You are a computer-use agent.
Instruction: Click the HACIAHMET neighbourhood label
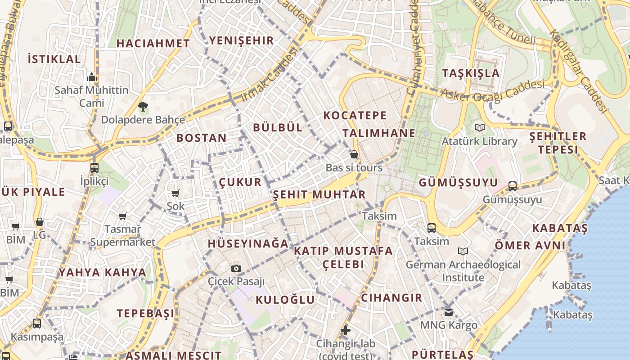(x=153, y=43)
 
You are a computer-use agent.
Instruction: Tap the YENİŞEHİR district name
(x=241, y=40)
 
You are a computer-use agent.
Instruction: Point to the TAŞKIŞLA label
(x=471, y=73)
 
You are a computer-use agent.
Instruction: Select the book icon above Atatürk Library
(x=480, y=128)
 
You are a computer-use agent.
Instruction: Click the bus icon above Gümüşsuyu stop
(x=512, y=186)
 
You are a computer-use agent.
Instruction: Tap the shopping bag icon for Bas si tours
(x=354, y=154)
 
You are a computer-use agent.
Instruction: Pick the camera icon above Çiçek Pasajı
(x=236, y=268)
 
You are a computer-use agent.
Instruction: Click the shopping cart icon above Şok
(x=175, y=193)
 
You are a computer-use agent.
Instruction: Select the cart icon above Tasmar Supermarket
(x=122, y=216)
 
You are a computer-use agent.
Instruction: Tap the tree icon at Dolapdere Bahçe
(x=143, y=107)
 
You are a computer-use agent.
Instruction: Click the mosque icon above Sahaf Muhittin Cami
(x=92, y=77)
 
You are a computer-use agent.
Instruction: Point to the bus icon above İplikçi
(x=94, y=168)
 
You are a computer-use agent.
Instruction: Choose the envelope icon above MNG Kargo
(x=448, y=311)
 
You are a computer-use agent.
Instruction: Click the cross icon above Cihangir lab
(x=345, y=331)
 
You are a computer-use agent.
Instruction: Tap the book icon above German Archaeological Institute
(x=463, y=251)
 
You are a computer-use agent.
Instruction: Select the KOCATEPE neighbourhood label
(x=355, y=115)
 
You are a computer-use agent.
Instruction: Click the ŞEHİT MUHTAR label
(x=319, y=194)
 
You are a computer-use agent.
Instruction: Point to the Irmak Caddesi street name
(x=270, y=75)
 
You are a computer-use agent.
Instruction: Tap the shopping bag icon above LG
(x=40, y=222)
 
